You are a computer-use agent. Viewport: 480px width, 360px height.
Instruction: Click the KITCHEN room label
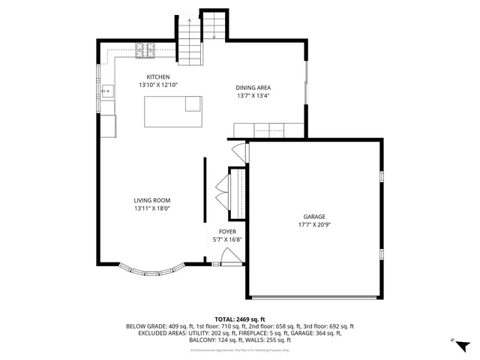158,77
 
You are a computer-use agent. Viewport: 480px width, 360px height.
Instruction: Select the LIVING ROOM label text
152,200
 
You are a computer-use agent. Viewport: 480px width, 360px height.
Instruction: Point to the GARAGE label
314,217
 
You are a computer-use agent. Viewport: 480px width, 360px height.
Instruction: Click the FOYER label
228,232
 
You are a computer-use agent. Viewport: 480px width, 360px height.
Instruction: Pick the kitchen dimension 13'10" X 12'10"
158,85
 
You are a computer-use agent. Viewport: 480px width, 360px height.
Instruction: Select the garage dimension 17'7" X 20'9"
314,225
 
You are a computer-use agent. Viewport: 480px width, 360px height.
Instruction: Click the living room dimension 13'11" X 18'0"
152,208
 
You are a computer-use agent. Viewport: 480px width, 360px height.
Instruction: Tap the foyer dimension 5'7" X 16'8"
228,240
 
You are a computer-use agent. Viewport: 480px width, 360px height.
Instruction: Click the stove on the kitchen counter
145,51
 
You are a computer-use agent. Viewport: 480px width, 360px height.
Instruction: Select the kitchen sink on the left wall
107,92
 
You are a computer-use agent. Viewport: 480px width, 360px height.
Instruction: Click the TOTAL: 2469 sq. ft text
240,319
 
